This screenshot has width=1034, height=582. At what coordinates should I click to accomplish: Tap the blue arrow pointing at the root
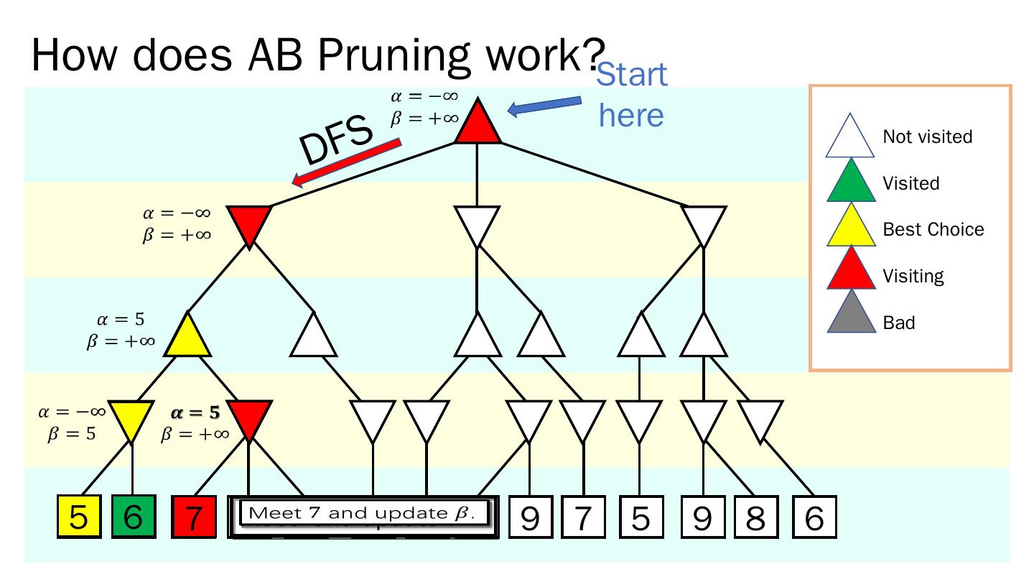click(544, 106)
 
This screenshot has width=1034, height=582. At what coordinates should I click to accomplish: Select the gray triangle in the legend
click(852, 315)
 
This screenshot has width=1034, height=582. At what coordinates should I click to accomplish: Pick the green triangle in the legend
click(852, 177)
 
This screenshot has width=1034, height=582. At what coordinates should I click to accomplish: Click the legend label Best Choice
click(933, 230)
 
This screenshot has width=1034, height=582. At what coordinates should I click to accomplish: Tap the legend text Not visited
click(928, 137)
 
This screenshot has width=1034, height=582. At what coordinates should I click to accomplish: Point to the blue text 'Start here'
click(632, 95)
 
